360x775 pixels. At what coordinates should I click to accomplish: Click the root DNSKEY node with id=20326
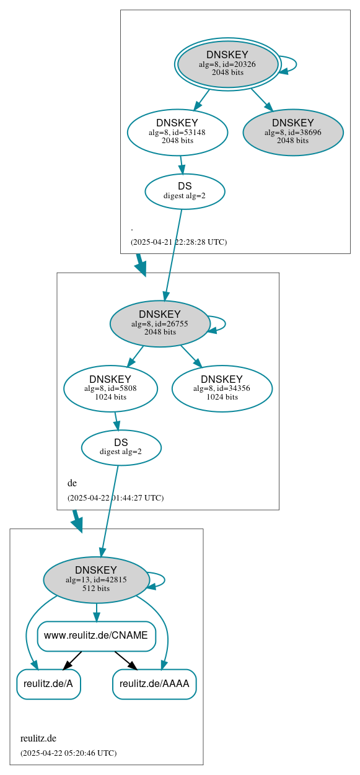coord(227,64)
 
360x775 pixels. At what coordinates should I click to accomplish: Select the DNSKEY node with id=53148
coord(177,132)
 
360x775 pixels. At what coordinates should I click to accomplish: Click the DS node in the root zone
coord(185,191)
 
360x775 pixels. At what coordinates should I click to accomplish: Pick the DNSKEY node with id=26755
coord(160,323)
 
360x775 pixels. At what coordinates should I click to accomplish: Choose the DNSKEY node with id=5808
coord(110,388)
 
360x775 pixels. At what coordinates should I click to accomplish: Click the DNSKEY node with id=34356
coord(222,388)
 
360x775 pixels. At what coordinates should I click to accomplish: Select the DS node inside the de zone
coord(121,447)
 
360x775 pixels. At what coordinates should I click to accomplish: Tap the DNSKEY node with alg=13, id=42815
coord(96,580)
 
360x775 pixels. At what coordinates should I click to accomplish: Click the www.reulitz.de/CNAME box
coord(96,636)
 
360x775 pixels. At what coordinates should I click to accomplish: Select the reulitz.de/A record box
coord(48,684)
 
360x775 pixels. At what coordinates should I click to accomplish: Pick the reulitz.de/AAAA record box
coord(154,684)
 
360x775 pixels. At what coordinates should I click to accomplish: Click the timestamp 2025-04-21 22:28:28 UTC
coord(178,242)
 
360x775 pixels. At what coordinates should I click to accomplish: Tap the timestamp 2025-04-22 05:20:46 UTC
coord(68,753)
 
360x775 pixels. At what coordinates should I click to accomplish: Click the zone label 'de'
coord(72,483)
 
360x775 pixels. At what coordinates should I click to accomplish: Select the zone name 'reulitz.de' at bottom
coord(38,738)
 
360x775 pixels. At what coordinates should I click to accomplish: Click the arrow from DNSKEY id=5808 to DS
coord(116,421)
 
